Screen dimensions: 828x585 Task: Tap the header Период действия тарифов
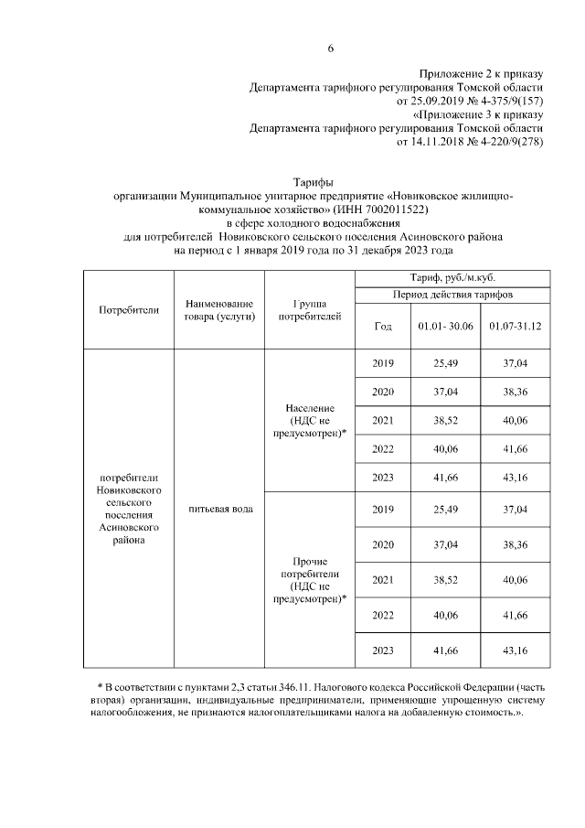[x=452, y=296]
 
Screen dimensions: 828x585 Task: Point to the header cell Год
[x=383, y=327]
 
